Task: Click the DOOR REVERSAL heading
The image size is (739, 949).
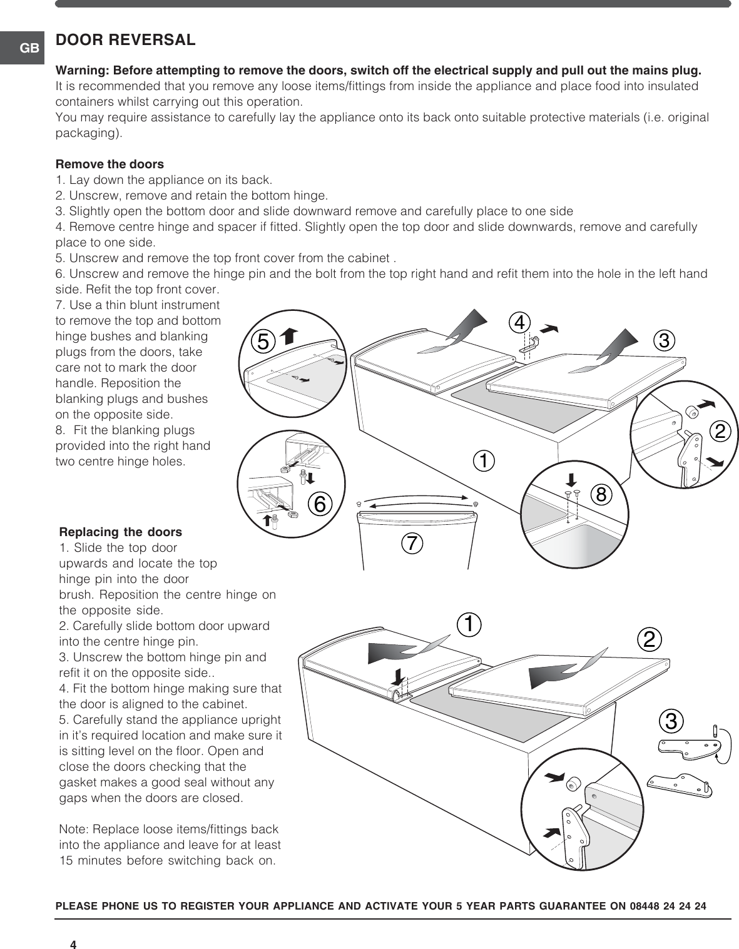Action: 126,40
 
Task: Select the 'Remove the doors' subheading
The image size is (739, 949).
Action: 110,164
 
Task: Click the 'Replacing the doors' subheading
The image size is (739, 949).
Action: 120,532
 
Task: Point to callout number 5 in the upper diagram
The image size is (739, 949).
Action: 263,342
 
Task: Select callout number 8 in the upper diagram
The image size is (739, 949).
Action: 601,494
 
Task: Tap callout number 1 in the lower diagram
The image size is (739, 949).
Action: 469,623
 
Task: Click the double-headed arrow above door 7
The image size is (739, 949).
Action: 417,502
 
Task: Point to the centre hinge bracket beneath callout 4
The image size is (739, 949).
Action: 529,343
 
